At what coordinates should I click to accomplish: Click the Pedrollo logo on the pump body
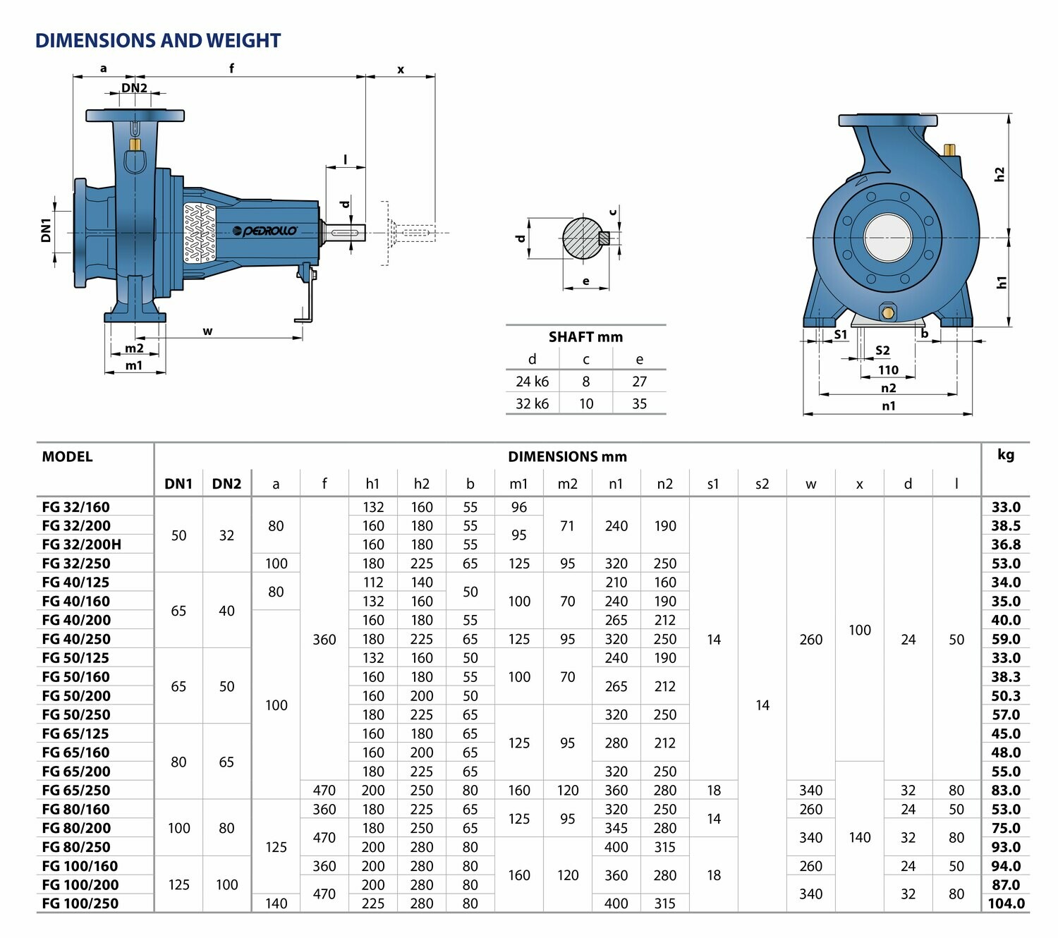[x=264, y=231]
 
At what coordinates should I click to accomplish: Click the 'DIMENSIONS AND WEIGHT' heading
[x=158, y=41]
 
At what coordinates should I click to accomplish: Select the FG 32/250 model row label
[x=76, y=563]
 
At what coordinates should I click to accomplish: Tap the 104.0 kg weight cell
[x=1006, y=903]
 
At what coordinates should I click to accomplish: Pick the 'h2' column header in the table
[x=421, y=484]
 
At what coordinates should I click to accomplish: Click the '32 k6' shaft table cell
[x=532, y=403]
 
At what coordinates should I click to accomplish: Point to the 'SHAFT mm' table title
[x=585, y=337]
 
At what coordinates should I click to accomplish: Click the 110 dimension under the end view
[x=888, y=370]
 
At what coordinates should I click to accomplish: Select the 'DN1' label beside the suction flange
[x=47, y=231]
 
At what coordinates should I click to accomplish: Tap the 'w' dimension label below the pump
[x=208, y=331]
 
